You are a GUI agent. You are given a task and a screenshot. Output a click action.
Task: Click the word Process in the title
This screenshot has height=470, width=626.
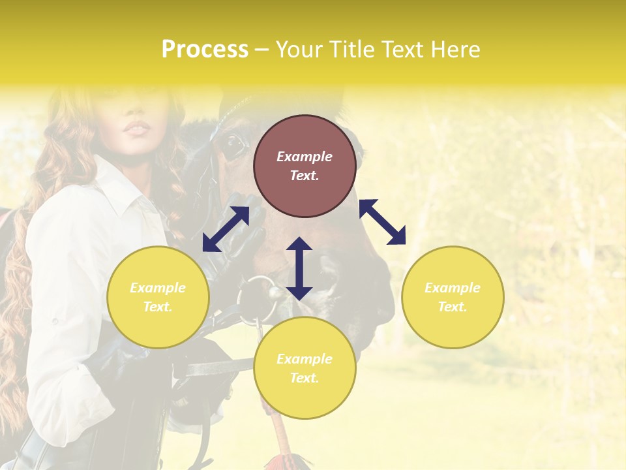point(205,50)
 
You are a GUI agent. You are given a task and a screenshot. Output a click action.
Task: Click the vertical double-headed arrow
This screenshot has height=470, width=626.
point(299,269)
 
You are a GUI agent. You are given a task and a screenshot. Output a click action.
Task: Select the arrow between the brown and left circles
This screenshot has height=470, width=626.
point(226,229)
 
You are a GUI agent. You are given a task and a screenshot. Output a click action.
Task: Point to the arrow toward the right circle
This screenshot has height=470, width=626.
point(382,222)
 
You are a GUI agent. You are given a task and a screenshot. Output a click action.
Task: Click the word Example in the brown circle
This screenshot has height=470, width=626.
point(305,157)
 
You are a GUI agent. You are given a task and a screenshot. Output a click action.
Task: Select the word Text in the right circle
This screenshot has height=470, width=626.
point(453,307)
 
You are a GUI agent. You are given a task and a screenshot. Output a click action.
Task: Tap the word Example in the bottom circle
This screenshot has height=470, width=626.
point(305,359)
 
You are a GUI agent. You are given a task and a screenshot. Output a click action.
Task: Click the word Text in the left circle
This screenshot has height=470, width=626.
point(158,307)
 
